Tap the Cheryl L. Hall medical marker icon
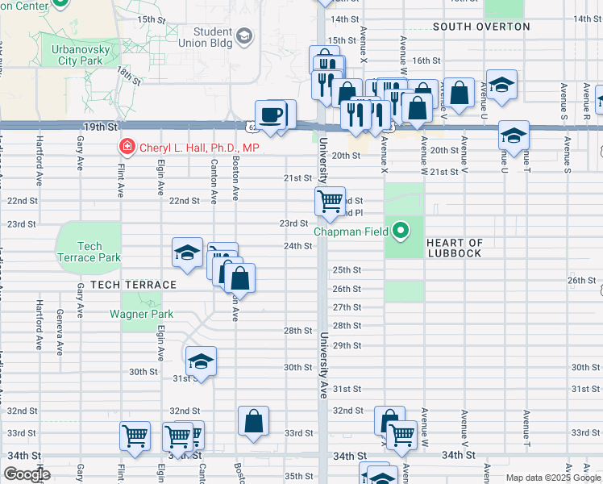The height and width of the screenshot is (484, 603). pos(127,148)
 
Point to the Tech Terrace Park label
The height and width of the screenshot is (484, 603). pos(89,252)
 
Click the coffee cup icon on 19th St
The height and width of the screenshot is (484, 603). pos(272,115)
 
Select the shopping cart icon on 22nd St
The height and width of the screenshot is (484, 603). pos(330,201)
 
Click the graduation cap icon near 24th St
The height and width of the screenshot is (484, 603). pos(187,253)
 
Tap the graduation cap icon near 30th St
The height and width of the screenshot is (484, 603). pos(201,361)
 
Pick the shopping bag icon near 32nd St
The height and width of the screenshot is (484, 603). pos(253,420)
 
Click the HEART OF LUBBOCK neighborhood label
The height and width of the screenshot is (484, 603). pos(455,248)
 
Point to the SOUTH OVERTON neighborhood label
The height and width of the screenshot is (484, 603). pos(481,27)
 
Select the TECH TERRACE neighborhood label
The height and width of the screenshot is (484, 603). pos(133,285)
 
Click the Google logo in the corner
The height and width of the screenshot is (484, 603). pos(26,474)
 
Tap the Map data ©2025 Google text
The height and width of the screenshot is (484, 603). pos(553,478)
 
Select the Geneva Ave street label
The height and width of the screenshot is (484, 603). pos(59,332)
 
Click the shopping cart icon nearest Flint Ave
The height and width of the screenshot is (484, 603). pos(135,436)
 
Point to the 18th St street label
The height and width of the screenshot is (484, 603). pos(128,76)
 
